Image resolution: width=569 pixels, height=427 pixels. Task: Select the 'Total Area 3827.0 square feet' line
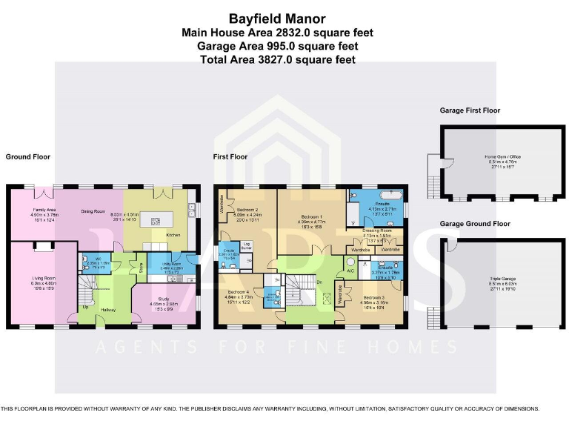(277, 59)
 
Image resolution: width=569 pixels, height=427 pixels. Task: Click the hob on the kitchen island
(156, 220)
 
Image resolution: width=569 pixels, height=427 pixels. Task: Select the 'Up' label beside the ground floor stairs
(86, 307)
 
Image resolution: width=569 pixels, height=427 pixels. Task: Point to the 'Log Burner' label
(247, 245)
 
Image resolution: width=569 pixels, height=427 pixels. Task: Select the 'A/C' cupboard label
(350, 271)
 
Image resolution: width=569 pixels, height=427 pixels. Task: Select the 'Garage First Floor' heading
(470, 110)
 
